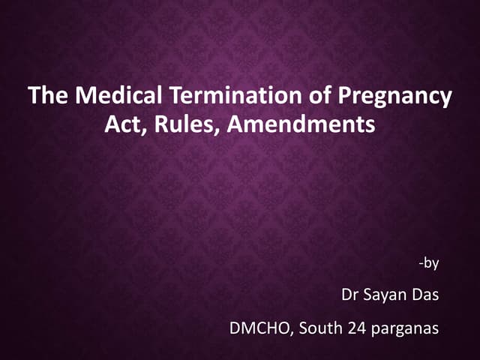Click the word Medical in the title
pyautogui.click(x=102, y=97)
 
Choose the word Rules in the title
pyautogui.click(x=175, y=124)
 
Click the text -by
pyautogui.click(x=429, y=262)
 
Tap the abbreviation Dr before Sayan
pyautogui.click(x=349, y=295)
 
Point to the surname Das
pyautogui.click(x=427, y=295)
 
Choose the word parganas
pyautogui.click(x=407, y=328)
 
